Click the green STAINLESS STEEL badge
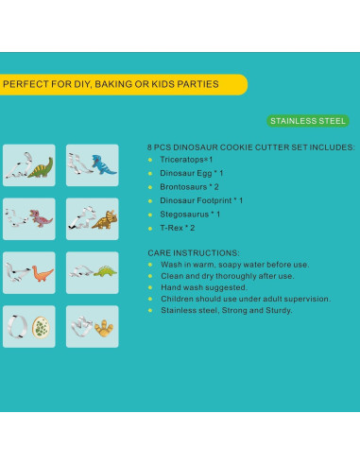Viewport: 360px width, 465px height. click(x=308, y=121)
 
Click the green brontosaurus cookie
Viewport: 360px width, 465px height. click(x=41, y=167)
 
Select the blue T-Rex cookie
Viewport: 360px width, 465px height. click(x=103, y=164)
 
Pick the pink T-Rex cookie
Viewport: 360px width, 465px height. click(x=41, y=218)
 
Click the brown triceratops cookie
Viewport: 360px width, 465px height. click(x=105, y=219)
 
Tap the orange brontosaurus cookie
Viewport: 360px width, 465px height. click(x=42, y=273)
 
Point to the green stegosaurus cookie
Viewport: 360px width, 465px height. click(x=105, y=271)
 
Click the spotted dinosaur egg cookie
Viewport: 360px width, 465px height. click(x=42, y=328)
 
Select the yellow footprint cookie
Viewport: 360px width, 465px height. click(x=104, y=328)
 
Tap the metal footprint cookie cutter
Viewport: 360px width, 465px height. click(x=81, y=327)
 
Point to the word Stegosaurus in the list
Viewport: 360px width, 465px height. click(x=184, y=215)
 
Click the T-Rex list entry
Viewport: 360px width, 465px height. click(x=178, y=228)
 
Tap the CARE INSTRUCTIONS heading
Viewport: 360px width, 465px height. click(x=194, y=253)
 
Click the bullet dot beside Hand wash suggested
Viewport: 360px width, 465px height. click(x=150, y=287)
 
